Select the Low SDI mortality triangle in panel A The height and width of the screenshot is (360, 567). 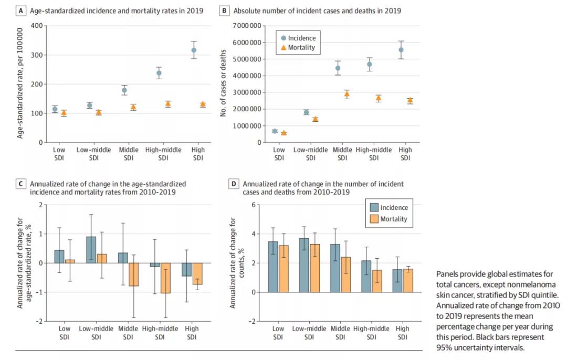[x=64, y=113]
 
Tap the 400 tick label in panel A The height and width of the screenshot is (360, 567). [x=36, y=26]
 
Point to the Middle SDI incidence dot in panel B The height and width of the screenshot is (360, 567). [x=338, y=68]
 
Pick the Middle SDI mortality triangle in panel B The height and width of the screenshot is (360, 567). [x=346, y=94]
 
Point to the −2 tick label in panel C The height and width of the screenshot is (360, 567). [x=38, y=321]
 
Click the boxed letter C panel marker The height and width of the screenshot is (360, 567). [x=20, y=184]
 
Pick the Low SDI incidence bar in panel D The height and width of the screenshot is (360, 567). [x=273, y=267]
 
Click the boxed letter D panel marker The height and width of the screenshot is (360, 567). [x=234, y=184]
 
